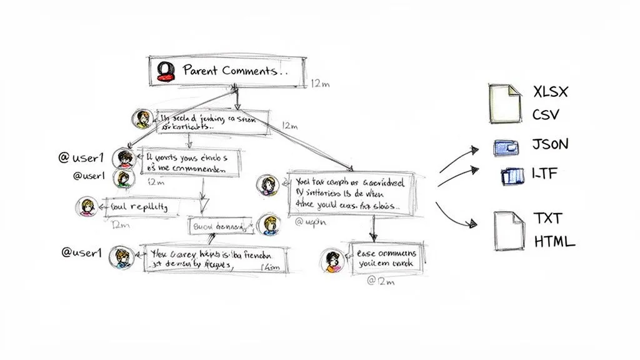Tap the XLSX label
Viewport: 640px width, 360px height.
[x=551, y=92]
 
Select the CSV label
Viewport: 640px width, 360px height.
[x=546, y=116]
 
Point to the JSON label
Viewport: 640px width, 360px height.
[x=550, y=144]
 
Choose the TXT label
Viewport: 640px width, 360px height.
[x=547, y=218]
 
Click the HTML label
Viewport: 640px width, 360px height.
[x=554, y=242]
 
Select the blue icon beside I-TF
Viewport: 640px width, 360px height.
[x=510, y=177]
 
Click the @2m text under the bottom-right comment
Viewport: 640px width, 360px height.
[x=381, y=281]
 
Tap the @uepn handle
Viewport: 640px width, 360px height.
[x=307, y=221]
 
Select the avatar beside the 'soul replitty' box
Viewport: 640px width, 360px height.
[x=86, y=207]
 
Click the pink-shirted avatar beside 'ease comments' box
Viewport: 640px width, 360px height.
[x=332, y=260]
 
